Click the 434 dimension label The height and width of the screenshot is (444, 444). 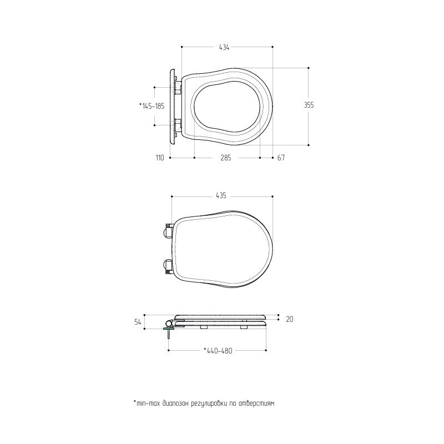tap(224, 47)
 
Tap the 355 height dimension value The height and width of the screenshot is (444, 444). tap(309, 105)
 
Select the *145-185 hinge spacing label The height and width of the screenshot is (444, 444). tap(152, 106)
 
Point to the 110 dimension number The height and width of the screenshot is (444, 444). tap(160, 158)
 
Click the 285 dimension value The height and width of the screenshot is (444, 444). tap(226, 158)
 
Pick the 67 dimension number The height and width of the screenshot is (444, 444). tap(281, 158)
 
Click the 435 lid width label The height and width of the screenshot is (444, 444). tap(221, 196)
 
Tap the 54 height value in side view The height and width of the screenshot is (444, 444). tap(138, 322)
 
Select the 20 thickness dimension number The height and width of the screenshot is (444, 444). tap(289, 320)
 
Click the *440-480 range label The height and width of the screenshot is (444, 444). tap(218, 351)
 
